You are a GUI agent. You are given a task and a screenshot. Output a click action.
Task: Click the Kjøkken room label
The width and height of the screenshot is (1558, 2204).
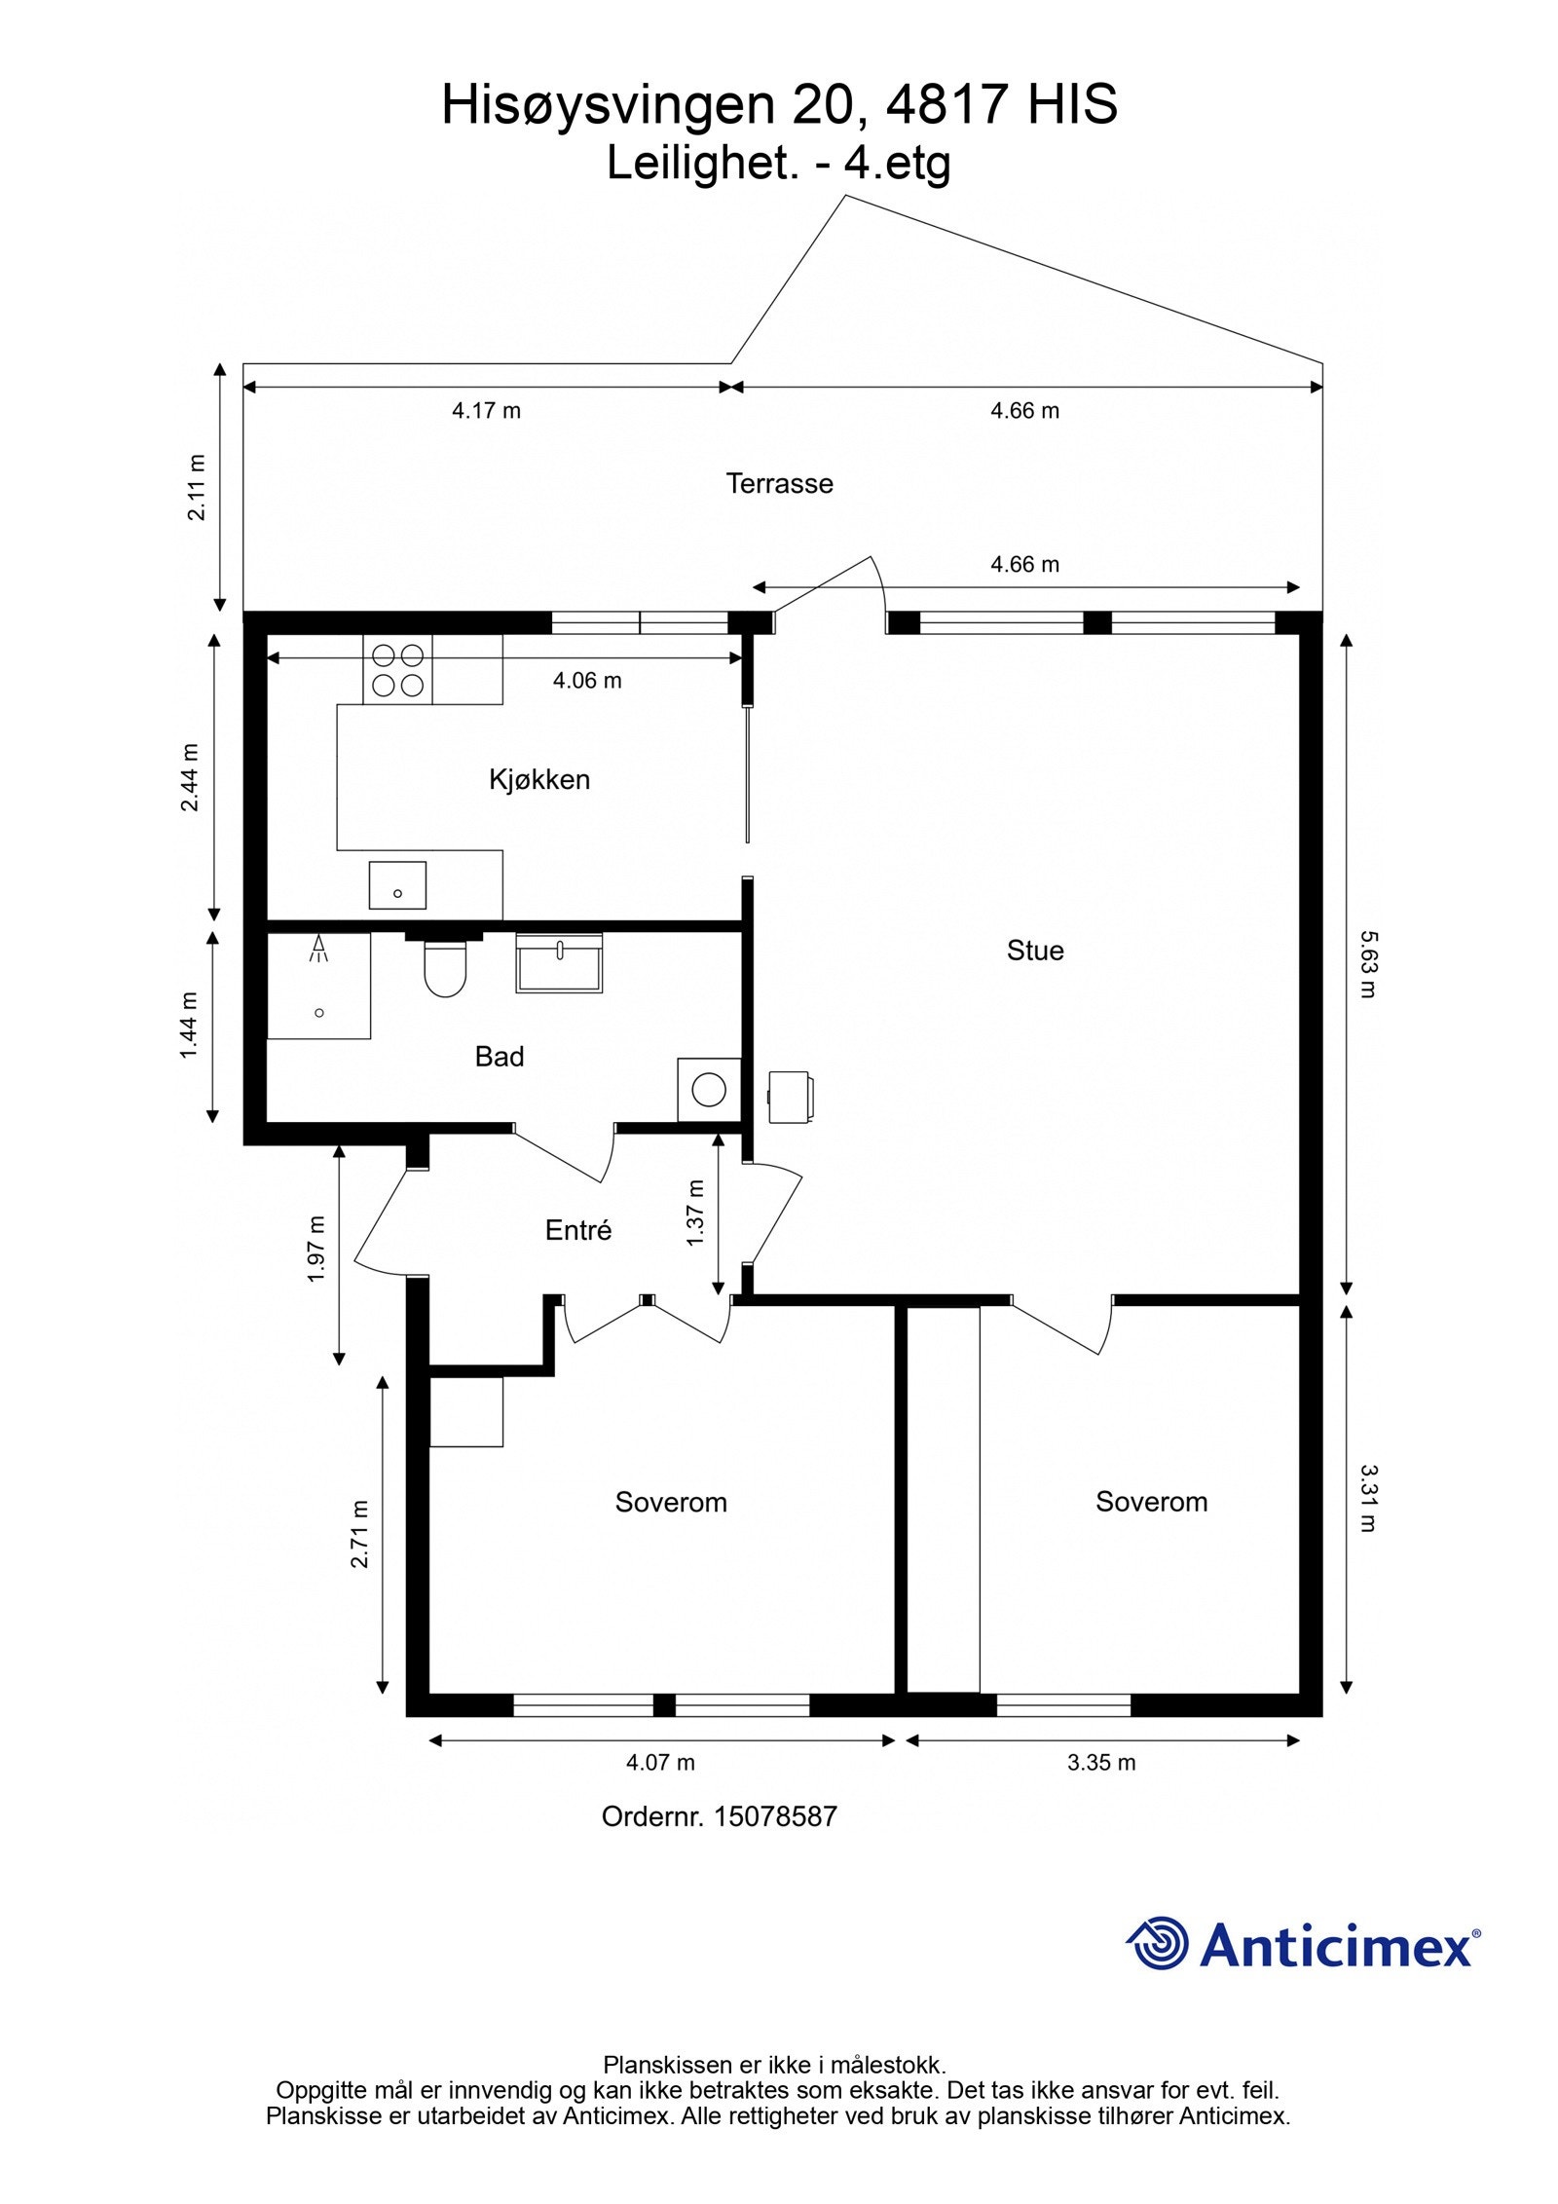coord(538,779)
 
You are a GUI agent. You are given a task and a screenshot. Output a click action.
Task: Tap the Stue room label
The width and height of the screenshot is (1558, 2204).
coord(1034,951)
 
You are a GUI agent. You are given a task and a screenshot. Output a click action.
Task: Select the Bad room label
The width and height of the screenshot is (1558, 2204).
coord(499,1057)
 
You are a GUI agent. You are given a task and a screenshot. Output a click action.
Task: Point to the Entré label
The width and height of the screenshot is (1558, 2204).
coord(577,1231)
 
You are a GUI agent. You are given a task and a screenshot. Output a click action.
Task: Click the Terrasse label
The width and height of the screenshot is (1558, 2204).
coord(779,484)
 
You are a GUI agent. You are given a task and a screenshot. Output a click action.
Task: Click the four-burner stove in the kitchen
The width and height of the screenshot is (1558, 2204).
coord(397,670)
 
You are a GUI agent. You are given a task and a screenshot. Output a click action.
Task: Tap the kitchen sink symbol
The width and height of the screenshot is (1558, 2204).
coord(397,885)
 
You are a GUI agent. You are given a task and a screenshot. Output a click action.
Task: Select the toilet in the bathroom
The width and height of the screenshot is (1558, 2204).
coord(445,969)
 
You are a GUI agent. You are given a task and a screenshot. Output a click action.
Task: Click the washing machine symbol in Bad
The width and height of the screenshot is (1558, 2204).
coord(709,1090)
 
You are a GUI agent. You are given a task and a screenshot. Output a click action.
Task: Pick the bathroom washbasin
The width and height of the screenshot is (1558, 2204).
coord(559,962)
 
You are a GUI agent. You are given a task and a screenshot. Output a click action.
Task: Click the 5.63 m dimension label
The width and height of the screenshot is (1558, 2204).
coord(1367,964)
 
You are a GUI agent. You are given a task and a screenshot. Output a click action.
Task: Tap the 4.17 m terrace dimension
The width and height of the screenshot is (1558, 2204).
coord(486,411)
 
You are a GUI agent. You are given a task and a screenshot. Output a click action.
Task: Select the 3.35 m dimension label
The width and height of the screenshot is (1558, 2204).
coord(1101,1763)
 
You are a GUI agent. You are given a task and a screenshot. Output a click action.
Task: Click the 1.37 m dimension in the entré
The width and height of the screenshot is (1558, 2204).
coord(694,1213)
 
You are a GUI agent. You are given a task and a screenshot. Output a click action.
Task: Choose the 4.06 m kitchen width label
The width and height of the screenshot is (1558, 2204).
coord(587,681)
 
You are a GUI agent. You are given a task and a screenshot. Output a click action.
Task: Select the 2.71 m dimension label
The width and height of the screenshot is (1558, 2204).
coord(360,1534)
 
